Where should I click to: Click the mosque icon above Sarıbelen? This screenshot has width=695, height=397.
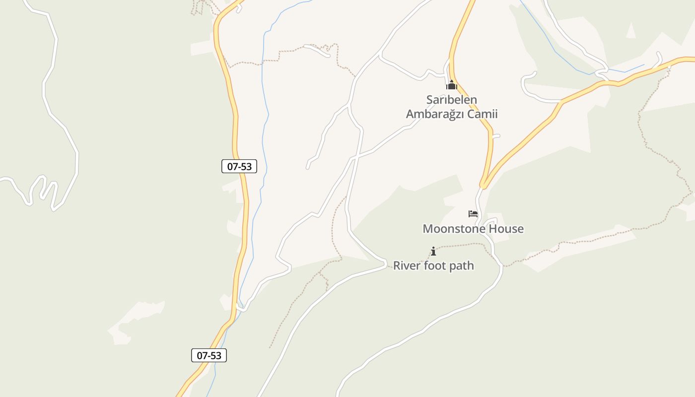(451, 85)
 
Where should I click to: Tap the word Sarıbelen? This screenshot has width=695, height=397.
(452, 100)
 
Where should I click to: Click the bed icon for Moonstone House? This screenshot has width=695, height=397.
(473, 214)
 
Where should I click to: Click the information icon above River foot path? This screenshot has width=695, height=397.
(433, 251)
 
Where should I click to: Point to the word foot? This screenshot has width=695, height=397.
(434, 265)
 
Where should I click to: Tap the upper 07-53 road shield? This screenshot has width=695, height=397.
(239, 166)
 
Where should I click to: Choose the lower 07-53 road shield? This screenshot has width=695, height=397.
(209, 355)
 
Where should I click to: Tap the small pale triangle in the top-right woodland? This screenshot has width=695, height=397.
(630, 31)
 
